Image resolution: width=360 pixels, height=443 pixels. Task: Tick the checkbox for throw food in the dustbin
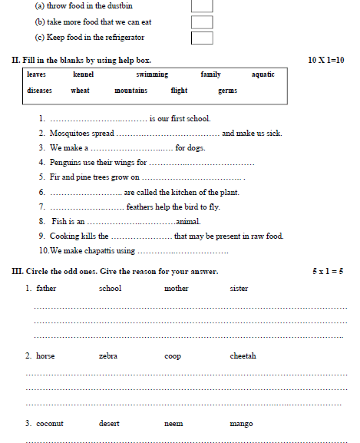click(x=202, y=5)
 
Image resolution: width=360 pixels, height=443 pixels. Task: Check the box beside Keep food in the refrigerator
click(x=202, y=38)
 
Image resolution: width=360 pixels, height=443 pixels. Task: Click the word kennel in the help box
click(x=83, y=74)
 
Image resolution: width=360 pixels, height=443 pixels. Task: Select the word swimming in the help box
click(x=152, y=74)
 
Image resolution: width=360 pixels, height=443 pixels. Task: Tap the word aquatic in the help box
click(x=263, y=74)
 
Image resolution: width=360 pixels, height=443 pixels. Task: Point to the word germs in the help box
click(x=227, y=91)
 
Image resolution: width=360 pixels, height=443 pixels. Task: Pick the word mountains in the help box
click(x=130, y=91)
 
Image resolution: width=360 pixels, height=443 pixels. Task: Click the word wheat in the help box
click(x=80, y=91)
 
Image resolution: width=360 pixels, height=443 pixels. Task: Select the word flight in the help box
click(x=179, y=91)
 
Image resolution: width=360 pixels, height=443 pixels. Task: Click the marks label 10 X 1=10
click(x=325, y=60)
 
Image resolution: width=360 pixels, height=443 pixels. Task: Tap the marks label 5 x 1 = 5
click(x=328, y=272)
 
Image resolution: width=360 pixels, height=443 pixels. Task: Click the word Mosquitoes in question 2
click(x=71, y=134)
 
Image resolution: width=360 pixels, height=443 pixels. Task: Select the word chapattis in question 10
click(x=97, y=251)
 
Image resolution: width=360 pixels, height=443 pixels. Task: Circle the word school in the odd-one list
click(x=110, y=289)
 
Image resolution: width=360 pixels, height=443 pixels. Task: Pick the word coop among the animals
click(x=173, y=356)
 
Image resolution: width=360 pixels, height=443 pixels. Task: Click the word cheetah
click(x=243, y=356)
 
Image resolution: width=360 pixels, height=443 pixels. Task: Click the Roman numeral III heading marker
click(x=16, y=272)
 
